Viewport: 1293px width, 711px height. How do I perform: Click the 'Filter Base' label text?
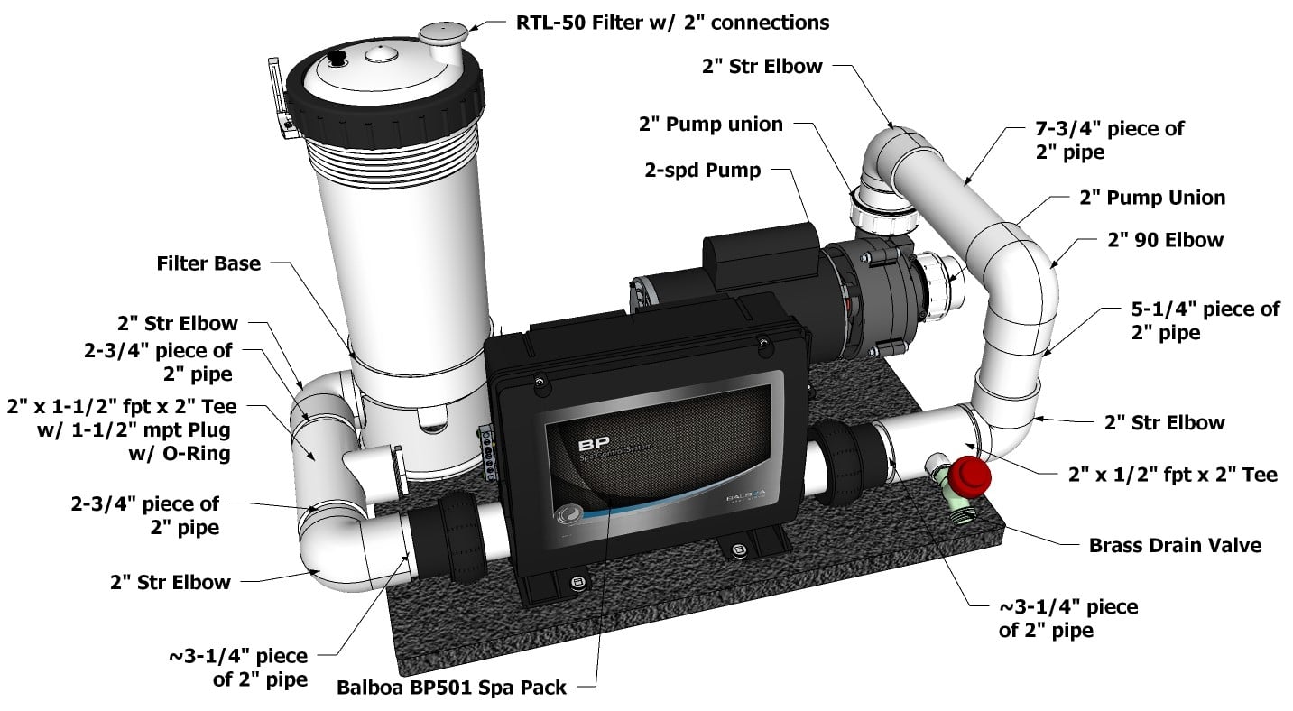[x=207, y=263]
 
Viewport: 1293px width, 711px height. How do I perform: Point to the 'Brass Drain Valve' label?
[x=1175, y=545]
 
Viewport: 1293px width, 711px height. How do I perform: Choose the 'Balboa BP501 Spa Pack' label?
[x=451, y=688]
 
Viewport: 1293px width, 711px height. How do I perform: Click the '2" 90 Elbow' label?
[x=1165, y=240]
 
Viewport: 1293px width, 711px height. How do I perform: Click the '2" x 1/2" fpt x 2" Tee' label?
[x=1172, y=474]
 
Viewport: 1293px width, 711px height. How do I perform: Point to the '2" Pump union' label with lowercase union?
[x=710, y=125]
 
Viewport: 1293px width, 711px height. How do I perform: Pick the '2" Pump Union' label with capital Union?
[x=1151, y=197]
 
